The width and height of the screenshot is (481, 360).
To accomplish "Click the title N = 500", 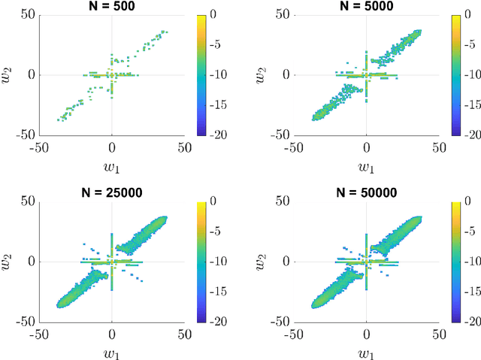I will pos(112,6).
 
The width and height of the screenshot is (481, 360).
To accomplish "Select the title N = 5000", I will pos(366,6).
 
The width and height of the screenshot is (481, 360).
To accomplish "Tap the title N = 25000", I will pos(112,192).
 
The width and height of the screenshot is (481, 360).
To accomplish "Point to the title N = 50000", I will pos(366,192).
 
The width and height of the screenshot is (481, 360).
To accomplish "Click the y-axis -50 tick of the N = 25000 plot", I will pos(27,321).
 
